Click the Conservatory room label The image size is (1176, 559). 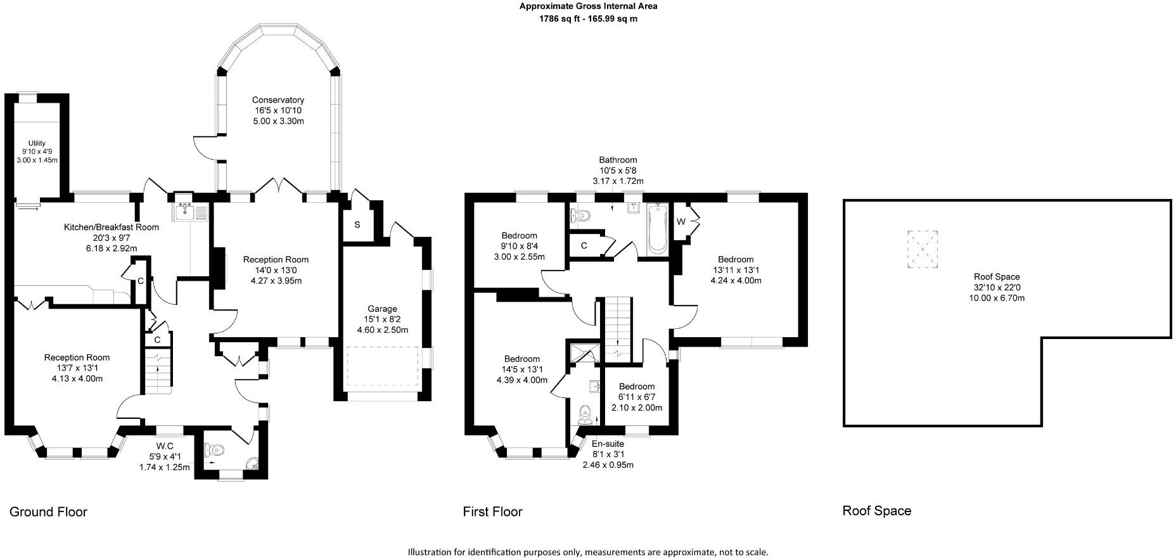pyautogui.click(x=278, y=100)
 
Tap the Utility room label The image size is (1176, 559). pyautogui.click(x=37, y=143)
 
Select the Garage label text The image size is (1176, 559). pyautogui.click(x=382, y=309)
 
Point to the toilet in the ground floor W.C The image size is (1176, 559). pyautogui.click(x=214, y=450)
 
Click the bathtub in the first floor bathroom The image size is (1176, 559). pyautogui.click(x=657, y=229)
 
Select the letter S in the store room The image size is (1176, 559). pyautogui.click(x=357, y=224)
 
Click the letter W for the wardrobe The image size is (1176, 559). pyautogui.click(x=681, y=221)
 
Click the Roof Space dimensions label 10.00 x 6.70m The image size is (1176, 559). pyautogui.click(x=997, y=298)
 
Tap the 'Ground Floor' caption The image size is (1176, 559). pyautogui.click(x=49, y=511)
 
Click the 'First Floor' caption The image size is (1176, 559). pyautogui.click(x=492, y=511)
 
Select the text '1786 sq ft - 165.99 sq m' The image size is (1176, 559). pyautogui.click(x=587, y=19)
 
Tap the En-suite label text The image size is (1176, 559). pyautogui.click(x=608, y=444)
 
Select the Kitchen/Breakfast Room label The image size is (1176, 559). pyautogui.click(x=112, y=227)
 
